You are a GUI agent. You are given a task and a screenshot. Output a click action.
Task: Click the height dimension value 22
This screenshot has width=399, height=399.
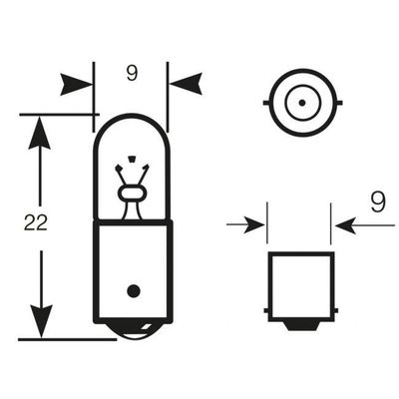click(36, 222)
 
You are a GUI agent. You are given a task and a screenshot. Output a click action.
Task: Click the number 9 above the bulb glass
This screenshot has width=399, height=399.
click(132, 73)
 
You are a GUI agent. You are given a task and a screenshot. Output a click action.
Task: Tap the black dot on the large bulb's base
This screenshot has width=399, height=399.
click(134, 291)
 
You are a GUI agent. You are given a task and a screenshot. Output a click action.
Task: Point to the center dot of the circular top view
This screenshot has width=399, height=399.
click(302, 103)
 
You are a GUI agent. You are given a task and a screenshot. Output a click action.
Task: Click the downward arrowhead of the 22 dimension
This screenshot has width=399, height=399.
click(41, 321)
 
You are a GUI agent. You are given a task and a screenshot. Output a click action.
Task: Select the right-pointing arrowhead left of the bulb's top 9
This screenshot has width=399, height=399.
click(77, 84)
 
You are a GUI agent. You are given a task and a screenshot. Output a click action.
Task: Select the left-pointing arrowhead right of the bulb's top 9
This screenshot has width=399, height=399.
click(186, 84)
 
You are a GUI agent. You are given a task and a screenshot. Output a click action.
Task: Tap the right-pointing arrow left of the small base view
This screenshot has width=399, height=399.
click(245, 225)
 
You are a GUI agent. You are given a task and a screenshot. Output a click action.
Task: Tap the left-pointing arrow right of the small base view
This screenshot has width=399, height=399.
click(365, 225)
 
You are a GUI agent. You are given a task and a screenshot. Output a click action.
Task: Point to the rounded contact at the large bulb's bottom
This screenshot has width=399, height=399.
click(133, 330)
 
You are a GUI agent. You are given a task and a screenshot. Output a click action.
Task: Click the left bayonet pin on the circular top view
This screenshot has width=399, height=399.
click(266, 103)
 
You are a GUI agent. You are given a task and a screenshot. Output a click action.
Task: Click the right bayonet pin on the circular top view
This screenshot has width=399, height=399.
click(339, 103)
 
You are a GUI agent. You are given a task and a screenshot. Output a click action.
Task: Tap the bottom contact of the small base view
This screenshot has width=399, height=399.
click(301, 325)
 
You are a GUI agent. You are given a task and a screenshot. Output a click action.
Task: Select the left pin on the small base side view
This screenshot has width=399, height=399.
click(266, 311)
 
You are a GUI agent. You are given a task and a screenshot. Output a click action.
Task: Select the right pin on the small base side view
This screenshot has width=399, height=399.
click(336, 311)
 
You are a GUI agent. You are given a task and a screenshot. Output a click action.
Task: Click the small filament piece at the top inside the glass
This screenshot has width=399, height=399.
click(132, 158)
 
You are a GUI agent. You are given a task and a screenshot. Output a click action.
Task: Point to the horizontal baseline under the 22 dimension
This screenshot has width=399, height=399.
click(68, 339)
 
